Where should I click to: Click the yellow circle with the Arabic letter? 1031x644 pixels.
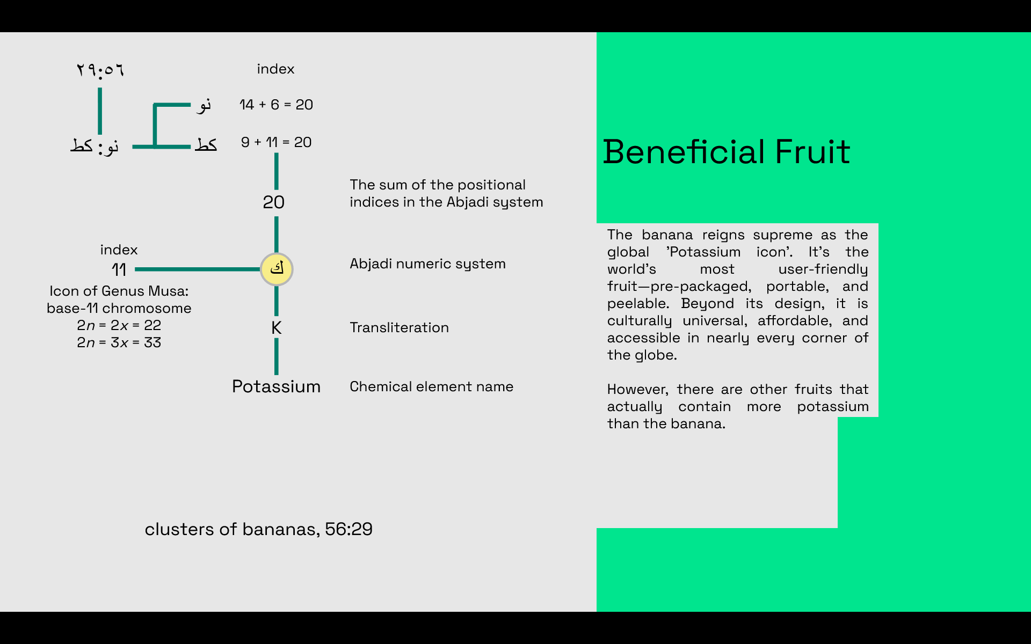pyautogui.click(x=277, y=269)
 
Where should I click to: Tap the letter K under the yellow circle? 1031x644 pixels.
pyautogui.click(x=277, y=327)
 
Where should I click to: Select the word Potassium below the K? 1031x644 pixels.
pyautogui.click(x=276, y=386)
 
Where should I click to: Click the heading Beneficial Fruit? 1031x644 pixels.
pyautogui.click(x=726, y=151)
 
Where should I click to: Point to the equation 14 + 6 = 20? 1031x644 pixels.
pyautogui.click(x=276, y=105)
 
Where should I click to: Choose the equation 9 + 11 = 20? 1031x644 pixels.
pyautogui.click(x=276, y=142)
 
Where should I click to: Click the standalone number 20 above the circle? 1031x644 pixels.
pyautogui.click(x=273, y=202)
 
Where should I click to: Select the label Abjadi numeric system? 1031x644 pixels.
pyautogui.click(x=427, y=264)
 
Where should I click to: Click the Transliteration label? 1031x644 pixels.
pyautogui.click(x=399, y=327)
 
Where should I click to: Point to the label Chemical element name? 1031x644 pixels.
pyautogui.click(x=431, y=386)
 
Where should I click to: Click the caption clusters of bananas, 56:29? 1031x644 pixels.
pyautogui.click(x=258, y=529)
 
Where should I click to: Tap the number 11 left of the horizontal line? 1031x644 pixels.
pyautogui.click(x=119, y=269)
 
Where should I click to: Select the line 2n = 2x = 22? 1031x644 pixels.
pyautogui.click(x=119, y=325)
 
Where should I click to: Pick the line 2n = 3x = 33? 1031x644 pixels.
pyautogui.click(x=119, y=342)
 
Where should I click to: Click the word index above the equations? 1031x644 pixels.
pyautogui.click(x=275, y=69)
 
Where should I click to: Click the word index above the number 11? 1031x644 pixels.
pyautogui.click(x=119, y=250)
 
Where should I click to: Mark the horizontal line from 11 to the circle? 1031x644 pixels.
pyautogui.click(x=198, y=269)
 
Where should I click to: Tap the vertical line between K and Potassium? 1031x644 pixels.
pyautogui.click(x=277, y=356)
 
